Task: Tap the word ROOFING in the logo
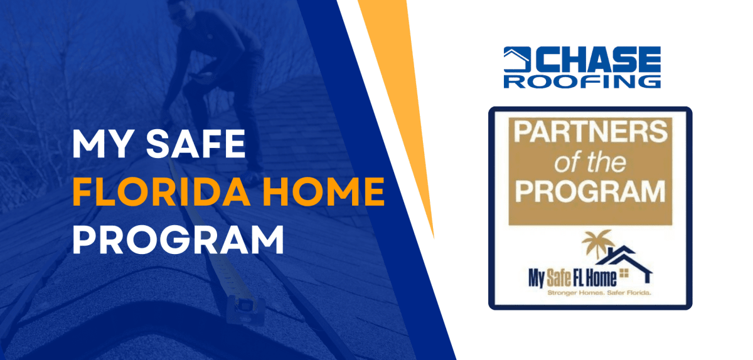click(582, 81)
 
